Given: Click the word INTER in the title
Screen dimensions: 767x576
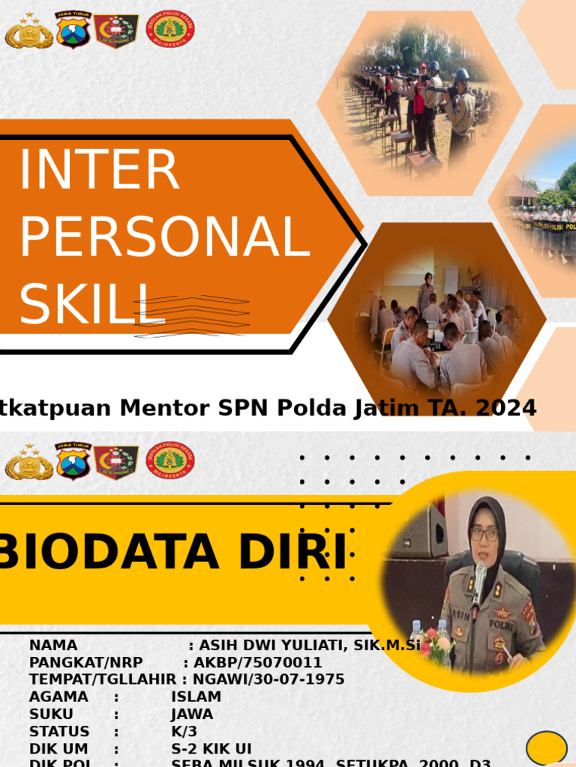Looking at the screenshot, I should [x=99, y=171].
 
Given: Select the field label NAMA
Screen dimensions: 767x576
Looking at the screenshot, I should [x=53, y=645].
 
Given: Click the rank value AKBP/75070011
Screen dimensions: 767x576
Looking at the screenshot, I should [x=258, y=662].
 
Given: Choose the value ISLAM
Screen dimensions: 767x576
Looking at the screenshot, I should [x=196, y=697].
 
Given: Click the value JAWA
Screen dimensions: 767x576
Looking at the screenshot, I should [x=192, y=714].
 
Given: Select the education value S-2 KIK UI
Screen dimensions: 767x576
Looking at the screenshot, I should [x=211, y=748].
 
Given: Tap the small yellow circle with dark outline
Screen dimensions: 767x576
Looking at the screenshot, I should [x=546, y=748].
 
